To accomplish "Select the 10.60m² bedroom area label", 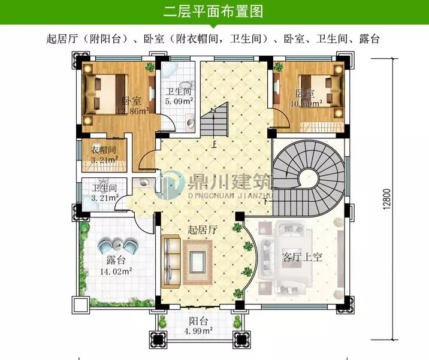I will click(x=309, y=103).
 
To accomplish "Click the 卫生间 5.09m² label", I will click(x=179, y=96).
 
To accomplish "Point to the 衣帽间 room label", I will click(x=103, y=150).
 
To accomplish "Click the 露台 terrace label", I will click(x=116, y=261).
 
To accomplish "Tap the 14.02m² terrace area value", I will click(x=116, y=271).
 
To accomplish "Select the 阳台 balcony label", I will click(x=199, y=320).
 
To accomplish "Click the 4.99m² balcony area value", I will click(x=199, y=330).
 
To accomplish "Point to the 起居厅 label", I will click(x=202, y=229).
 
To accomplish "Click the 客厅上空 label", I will click(x=303, y=258).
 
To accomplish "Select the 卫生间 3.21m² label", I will click(x=105, y=192).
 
